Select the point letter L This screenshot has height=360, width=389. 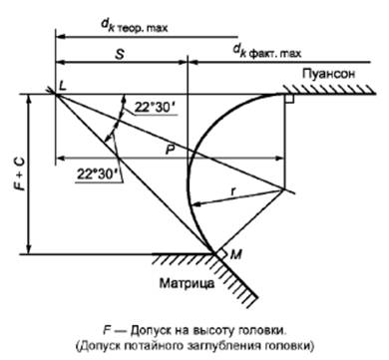tap(64, 88)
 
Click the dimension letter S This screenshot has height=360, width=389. tap(120, 46)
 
